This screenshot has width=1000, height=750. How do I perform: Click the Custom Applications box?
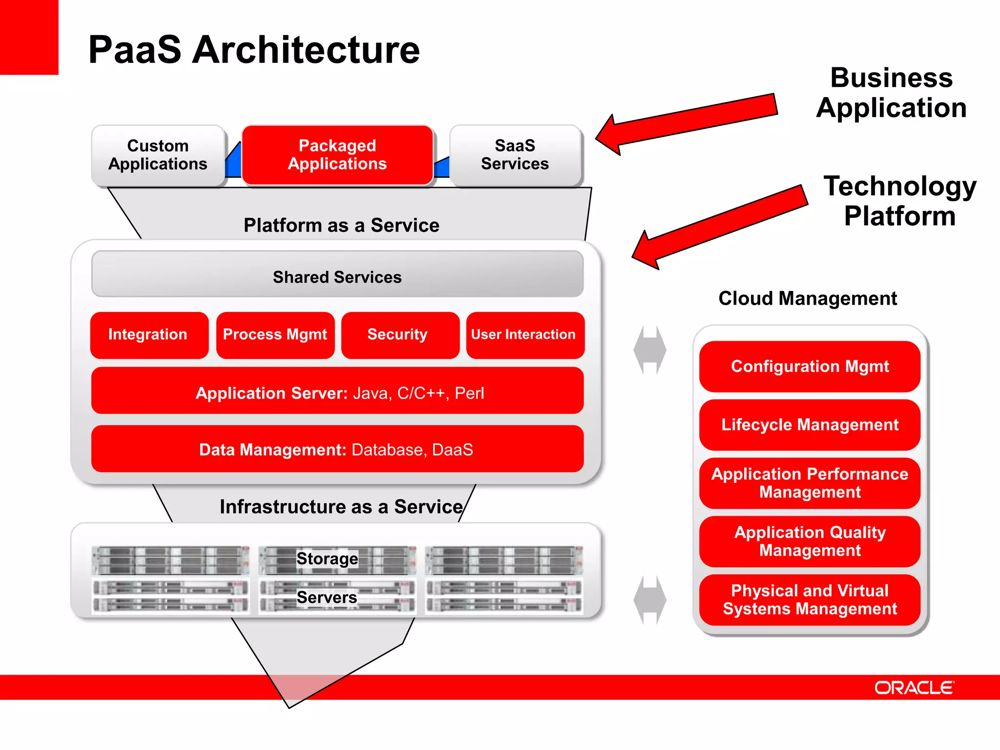[x=158, y=155]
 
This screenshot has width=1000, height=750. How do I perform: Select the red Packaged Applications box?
[x=337, y=155]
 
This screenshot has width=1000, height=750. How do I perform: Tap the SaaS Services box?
[x=515, y=155]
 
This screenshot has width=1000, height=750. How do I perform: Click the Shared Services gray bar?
[x=337, y=275]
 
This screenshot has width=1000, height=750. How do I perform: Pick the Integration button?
[x=148, y=335]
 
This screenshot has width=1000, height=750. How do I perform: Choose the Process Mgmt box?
[x=275, y=335]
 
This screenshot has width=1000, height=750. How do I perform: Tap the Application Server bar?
[x=337, y=391]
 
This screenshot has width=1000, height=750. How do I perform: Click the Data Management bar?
[x=337, y=449]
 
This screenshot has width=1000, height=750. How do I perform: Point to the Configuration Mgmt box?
[x=809, y=367]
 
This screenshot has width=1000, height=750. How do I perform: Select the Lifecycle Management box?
[x=809, y=425]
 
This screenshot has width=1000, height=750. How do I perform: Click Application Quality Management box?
[x=809, y=541]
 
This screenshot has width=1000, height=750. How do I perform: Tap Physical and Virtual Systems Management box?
[x=809, y=600]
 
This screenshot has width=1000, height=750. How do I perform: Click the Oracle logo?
[x=914, y=688]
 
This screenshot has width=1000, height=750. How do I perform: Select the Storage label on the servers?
[x=327, y=559]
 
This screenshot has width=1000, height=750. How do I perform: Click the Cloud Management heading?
[x=808, y=298]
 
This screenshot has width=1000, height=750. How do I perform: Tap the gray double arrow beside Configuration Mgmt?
[x=650, y=350]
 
